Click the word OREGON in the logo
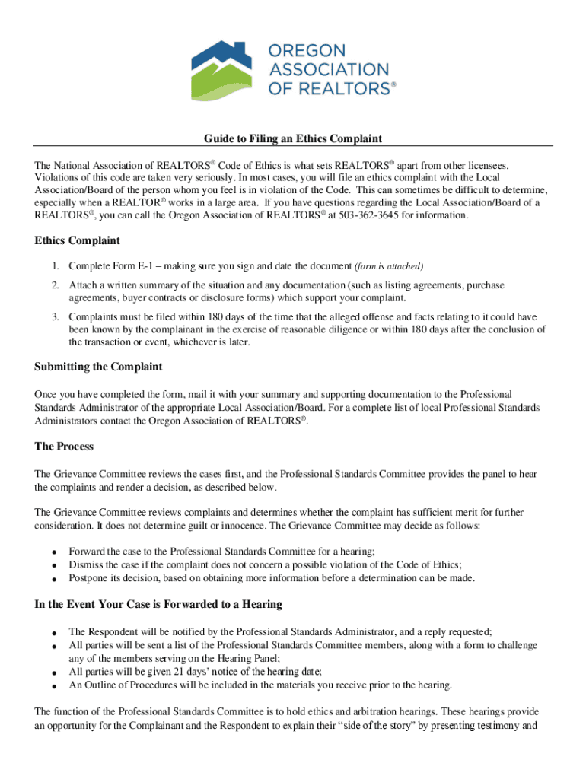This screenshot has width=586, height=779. (305, 52)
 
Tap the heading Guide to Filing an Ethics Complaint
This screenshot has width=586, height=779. (292, 138)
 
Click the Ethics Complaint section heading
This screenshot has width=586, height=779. (77, 241)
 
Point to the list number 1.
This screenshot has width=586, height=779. (55, 265)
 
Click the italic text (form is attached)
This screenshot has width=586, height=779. (388, 266)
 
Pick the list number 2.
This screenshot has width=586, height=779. (55, 285)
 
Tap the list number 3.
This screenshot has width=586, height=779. (55, 316)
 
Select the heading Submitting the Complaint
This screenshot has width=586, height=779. (98, 367)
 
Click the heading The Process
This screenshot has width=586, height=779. (64, 447)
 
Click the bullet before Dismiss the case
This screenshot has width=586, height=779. (54, 566)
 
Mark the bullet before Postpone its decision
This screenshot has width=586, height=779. (54, 580)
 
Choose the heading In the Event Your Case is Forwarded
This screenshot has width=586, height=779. (158, 604)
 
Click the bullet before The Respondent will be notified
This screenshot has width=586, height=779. (54, 633)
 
